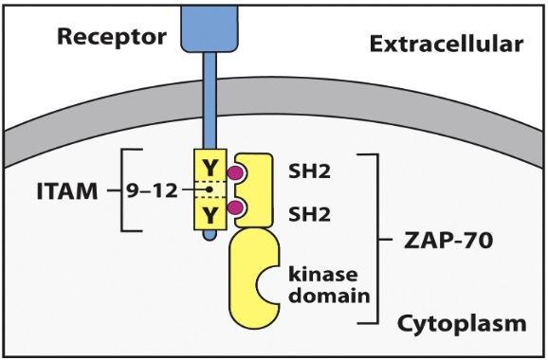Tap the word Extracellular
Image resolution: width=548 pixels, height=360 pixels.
[x=446, y=44]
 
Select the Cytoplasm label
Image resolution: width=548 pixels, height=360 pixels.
[x=462, y=324]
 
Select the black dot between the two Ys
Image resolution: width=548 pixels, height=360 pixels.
[x=209, y=190]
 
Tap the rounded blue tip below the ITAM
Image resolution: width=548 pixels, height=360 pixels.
[x=209, y=241]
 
